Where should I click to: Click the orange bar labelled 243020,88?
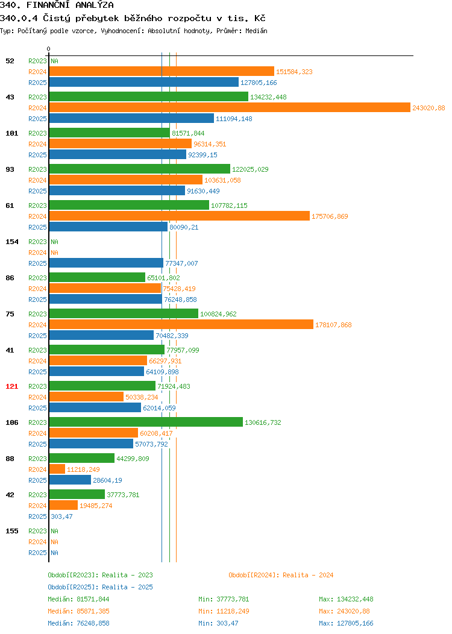point(230,107)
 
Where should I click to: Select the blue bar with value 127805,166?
point(144,83)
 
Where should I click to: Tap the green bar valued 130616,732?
point(146,422)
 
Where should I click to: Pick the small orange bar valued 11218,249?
point(57,469)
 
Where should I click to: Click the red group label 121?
point(11,386)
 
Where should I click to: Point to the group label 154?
point(11,242)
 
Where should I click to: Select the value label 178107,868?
point(333,325)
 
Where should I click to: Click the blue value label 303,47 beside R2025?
point(62,516)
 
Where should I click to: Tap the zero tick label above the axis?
point(49,49)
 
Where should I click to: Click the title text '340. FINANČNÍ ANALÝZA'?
point(57,5)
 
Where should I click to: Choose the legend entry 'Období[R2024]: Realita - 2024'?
point(281,575)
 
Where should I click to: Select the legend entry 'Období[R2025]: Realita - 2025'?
point(100,587)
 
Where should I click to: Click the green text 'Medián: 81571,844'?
point(78,599)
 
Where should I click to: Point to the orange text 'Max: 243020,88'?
point(344,611)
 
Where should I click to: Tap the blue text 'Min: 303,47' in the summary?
point(218,623)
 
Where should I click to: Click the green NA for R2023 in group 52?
point(55,61)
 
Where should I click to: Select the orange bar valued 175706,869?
point(180,216)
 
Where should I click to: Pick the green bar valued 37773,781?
point(77,494)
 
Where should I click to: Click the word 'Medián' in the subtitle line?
point(256,31)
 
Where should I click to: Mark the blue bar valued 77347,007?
point(106,263)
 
